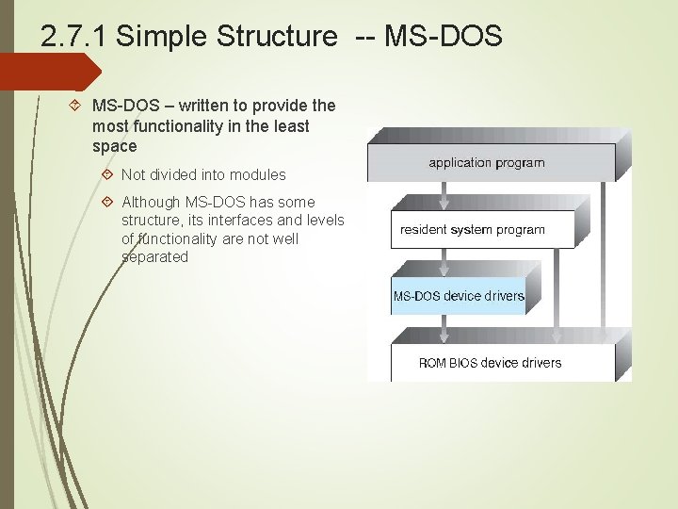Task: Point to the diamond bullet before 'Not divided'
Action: [x=107, y=174]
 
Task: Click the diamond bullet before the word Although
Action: [x=107, y=202]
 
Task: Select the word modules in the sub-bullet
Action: [x=259, y=175]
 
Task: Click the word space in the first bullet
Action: [x=115, y=146]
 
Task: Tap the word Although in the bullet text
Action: [x=153, y=202]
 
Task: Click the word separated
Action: [x=154, y=257]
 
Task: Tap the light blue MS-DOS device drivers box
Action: [x=458, y=296]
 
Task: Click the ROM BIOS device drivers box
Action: [x=490, y=363]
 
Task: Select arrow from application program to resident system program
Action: [x=444, y=195]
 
